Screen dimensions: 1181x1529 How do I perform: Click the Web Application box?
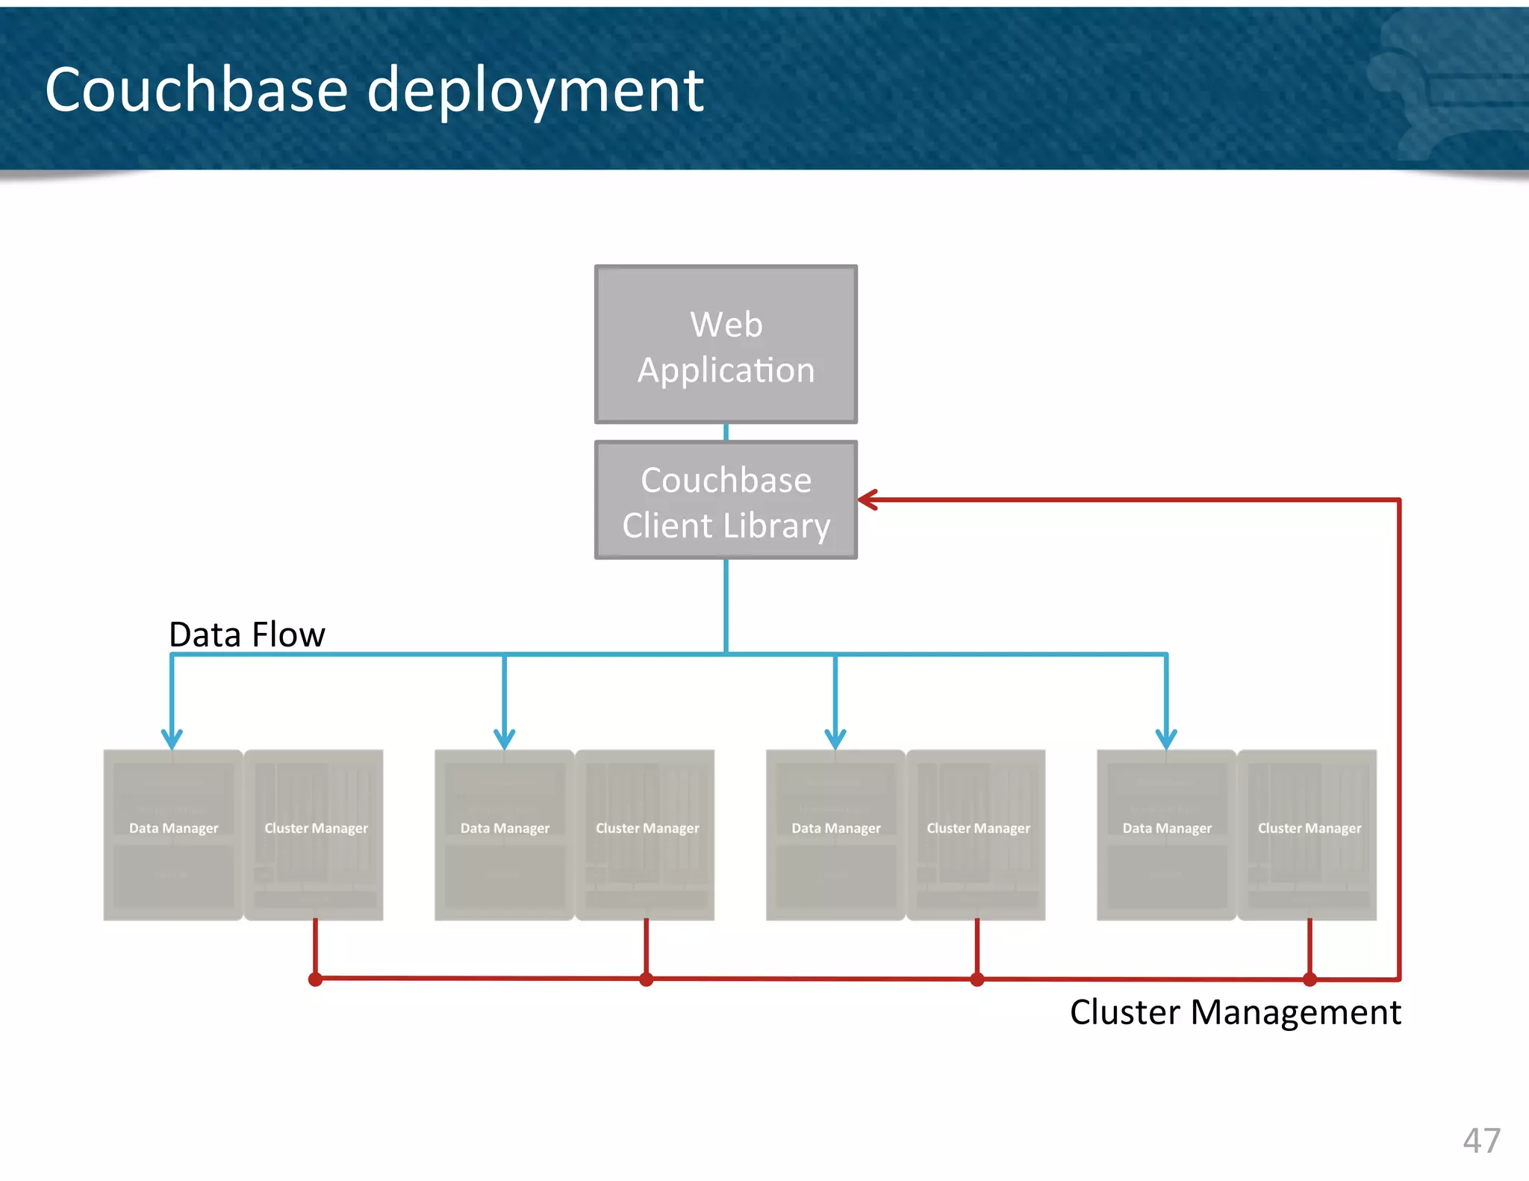click(x=726, y=345)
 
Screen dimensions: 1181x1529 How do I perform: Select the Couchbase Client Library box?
click(x=726, y=500)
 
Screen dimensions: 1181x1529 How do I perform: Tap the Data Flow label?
click(x=247, y=635)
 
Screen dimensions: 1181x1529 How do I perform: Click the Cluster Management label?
click(x=1235, y=1012)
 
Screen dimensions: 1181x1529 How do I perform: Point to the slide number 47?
click(x=1481, y=1141)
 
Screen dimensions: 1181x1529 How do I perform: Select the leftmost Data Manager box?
click(x=173, y=835)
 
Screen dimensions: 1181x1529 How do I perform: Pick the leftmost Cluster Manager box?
click(x=315, y=835)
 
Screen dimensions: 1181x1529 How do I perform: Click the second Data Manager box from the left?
click(x=505, y=835)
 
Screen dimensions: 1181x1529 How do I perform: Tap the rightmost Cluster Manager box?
click(x=1309, y=835)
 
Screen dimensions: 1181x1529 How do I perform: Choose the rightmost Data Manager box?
click(x=1167, y=835)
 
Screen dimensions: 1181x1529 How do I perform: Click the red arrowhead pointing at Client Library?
click(x=868, y=500)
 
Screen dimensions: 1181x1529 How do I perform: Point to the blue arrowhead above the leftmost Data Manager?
click(x=172, y=740)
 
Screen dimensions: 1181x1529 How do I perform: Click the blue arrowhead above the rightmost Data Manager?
click(x=1166, y=740)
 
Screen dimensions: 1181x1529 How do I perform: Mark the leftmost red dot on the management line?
click(x=315, y=979)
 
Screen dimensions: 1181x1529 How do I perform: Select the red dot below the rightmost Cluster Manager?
click(x=1310, y=979)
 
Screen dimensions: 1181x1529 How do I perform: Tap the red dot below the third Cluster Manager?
click(x=977, y=979)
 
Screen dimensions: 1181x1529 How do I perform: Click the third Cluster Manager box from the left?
click(x=978, y=835)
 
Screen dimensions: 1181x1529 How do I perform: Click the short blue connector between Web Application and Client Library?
click(x=726, y=432)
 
